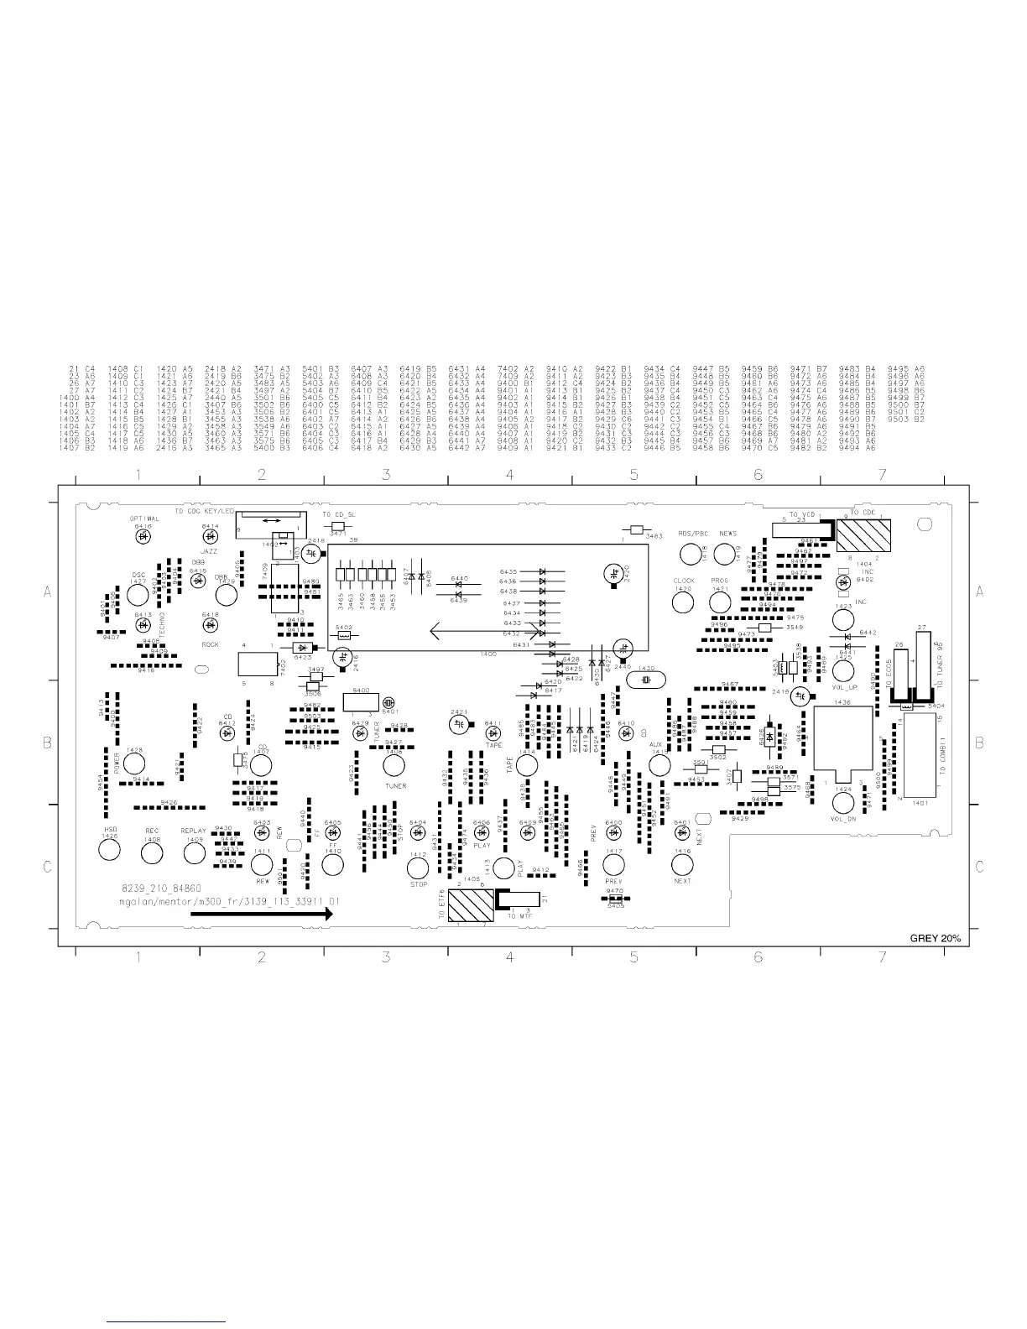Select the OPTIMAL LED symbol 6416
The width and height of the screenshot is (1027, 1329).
coord(143,535)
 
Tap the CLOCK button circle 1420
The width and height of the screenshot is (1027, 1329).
coord(684,602)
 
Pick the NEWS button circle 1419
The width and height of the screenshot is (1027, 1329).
coord(725,554)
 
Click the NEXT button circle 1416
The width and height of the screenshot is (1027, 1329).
coord(682,864)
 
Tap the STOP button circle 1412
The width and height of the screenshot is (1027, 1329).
coord(418,867)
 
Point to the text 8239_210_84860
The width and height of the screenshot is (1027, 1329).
coord(160,887)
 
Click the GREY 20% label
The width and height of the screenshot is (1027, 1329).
coord(935,939)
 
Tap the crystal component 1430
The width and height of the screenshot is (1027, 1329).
coord(645,679)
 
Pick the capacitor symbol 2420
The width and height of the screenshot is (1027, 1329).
coord(614,573)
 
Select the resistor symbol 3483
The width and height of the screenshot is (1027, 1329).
coord(636,530)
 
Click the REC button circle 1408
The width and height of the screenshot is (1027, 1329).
coord(152,852)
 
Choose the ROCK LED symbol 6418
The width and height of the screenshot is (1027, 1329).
coord(210,625)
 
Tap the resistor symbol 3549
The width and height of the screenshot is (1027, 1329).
coord(764,628)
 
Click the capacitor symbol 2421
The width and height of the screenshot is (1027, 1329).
coord(458,723)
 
